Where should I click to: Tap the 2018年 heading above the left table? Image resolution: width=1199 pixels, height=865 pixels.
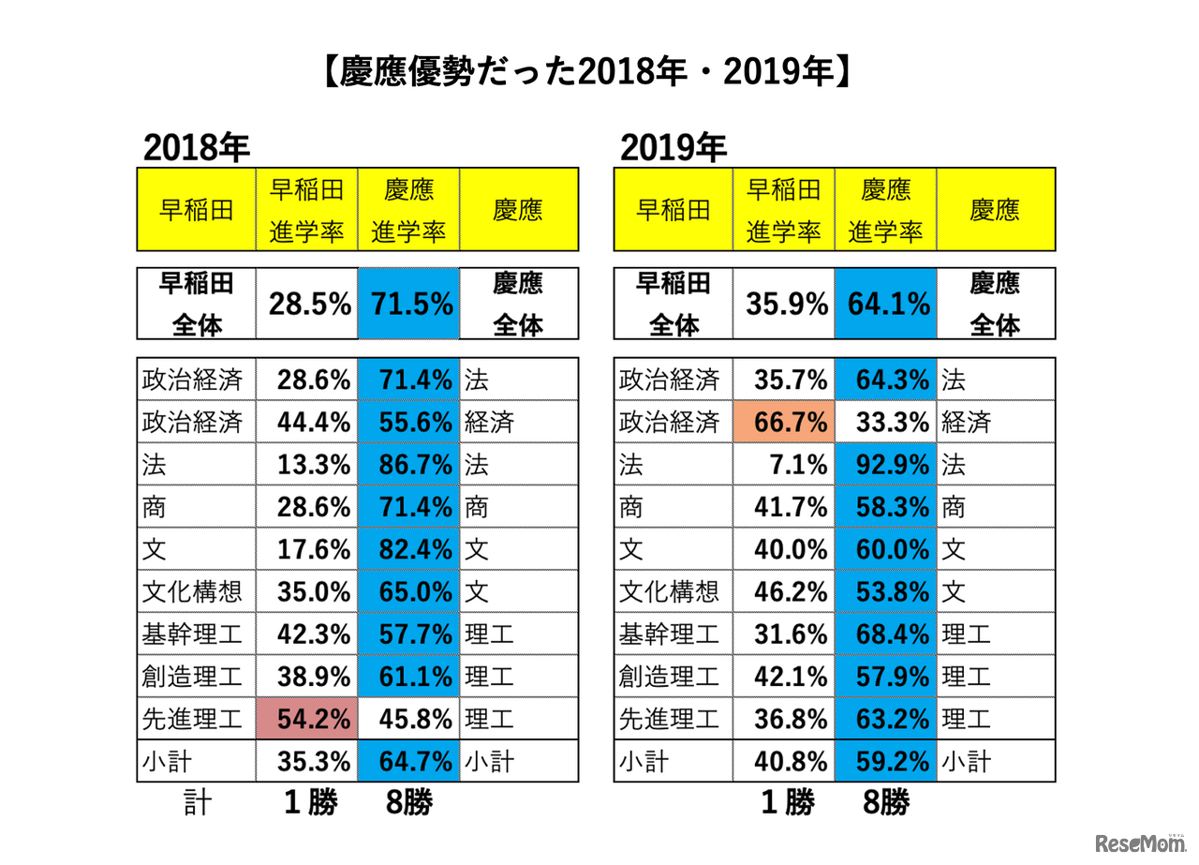pyautogui.click(x=197, y=147)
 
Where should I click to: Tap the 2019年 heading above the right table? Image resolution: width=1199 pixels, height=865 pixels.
pyautogui.click(x=674, y=147)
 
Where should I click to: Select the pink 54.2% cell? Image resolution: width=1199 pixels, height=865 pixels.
pyautogui.click(x=306, y=719)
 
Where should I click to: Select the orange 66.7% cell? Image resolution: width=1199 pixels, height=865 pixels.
pyautogui.click(x=783, y=423)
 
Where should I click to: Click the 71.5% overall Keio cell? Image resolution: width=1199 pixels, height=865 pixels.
pyautogui.click(x=408, y=304)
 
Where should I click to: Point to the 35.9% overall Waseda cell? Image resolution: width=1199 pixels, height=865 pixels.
pyautogui.click(x=783, y=304)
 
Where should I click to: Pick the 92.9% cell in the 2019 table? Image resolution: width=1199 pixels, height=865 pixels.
pyautogui.click(x=885, y=465)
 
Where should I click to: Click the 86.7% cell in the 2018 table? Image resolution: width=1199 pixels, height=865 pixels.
pyautogui.click(x=408, y=465)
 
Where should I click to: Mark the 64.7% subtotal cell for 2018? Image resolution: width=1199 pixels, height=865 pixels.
pyautogui.click(x=408, y=761)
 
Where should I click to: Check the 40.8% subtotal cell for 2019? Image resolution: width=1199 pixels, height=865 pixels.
pyautogui.click(x=783, y=761)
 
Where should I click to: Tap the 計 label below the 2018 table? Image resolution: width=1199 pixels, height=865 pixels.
pyautogui.click(x=197, y=802)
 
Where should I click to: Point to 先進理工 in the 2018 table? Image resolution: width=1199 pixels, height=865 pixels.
pyautogui.click(x=193, y=719)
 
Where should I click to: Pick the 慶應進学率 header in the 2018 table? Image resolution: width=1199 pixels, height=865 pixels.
pyautogui.click(x=408, y=210)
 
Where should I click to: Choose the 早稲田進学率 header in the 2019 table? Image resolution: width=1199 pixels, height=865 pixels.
pyautogui.click(x=783, y=210)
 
